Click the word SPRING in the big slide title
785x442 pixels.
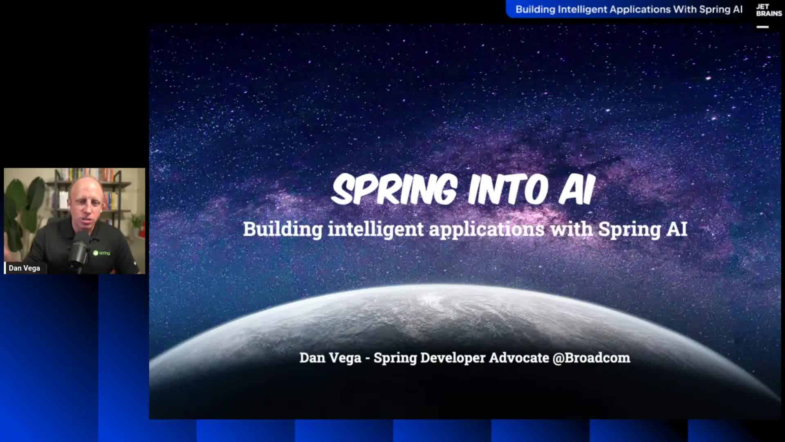(x=394, y=189)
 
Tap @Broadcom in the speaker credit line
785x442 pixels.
(x=591, y=358)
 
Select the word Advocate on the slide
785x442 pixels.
(x=519, y=358)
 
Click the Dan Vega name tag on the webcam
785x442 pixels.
(x=24, y=268)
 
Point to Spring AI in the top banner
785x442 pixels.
(x=720, y=9)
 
